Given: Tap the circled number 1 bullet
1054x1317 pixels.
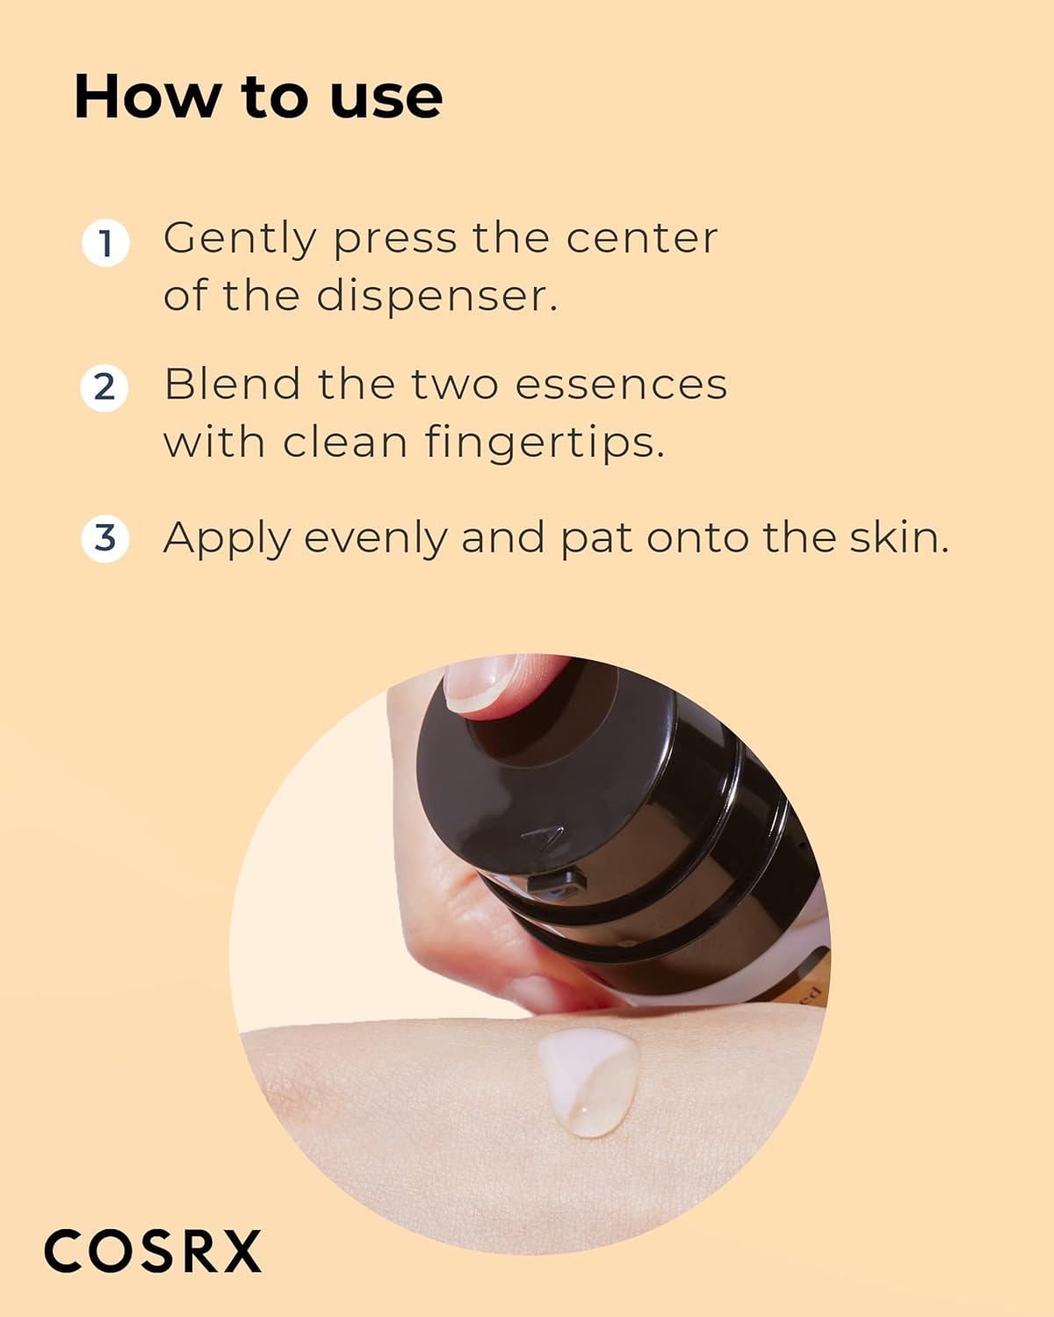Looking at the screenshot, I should pyautogui.click(x=105, y=242).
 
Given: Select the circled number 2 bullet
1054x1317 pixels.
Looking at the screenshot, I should pyautogui.click(x=105, y=387).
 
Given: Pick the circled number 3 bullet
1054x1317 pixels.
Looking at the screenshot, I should pyautogui.click(x=105, y=538).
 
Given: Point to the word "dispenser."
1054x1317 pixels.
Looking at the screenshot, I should pyautogui.click(x=437, y=295).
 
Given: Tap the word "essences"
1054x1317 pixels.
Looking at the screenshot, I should pyautogui.click(x=621, y=385).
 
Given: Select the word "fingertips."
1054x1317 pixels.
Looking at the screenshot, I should pyautogui.click(x=545, y=442).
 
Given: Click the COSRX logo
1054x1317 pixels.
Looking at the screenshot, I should pyautogui.click(x=153, y=1250).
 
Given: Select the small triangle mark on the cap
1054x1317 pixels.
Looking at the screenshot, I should pyautogui.click(x=544, y=835).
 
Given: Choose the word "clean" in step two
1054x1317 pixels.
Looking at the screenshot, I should pyautogui.click(x=345, y=442).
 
